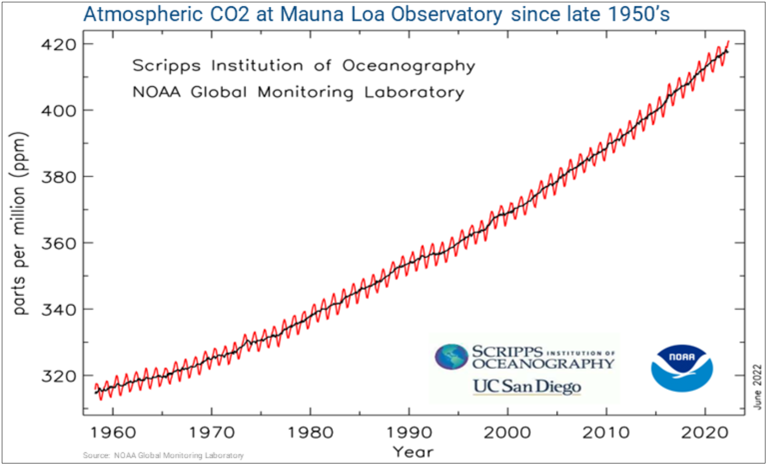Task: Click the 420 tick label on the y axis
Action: pyautogui.click(x=58, y=45)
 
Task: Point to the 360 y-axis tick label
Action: pyautogui.click(x=58, y=243)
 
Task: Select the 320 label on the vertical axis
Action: pyautogui.click(x=58, y=376)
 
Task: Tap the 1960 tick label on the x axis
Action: pyautogui.click(x=113, y=432)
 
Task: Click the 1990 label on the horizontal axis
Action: pyautogui.click(x=409, y=432)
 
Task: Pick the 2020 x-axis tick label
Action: pyautogui.click(x=705, y=432)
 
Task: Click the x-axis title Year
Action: pyautogui.click(x=413, y=452)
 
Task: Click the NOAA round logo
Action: pyautogui.click(x=682, y=368)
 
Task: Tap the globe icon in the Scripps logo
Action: pyautogui.click(x=451, y=357)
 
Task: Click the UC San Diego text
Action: pyautogui.click(x=527, y=387)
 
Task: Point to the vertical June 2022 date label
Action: pyautogui.click(x=758, y=387)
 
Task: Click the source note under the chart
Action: pyautogui.click(x=163, y=455)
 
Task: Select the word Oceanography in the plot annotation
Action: pyautogui.click(x=409, y=66)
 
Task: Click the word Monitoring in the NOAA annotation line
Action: pyautogui.click(x=306, y=92)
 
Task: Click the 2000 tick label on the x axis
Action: pyautogui.click(x=507, y=432)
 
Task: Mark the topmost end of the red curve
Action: pyautogui.click(x=728, y=42)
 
